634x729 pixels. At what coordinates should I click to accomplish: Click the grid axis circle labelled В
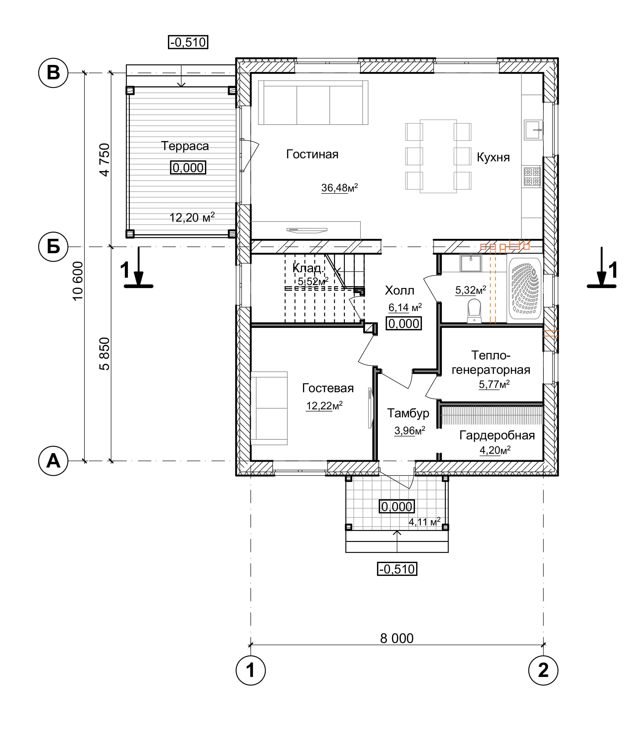pos(53,73)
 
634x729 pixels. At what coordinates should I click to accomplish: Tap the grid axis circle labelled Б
pos(53,247)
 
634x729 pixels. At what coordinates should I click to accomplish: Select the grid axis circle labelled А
pos(53,461)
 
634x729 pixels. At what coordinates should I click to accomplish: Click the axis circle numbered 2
pos(543,670)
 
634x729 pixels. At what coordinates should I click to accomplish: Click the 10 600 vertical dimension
pos(77,281)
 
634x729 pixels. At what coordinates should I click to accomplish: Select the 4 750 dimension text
pos(105,160)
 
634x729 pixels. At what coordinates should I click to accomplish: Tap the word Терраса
pos(185,146)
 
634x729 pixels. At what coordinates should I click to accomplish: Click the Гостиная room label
pos(312,154)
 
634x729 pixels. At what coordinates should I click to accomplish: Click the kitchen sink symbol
pos(533,130)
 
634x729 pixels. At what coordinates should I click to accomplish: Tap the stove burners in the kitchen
pos(532,177)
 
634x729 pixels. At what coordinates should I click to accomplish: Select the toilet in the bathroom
pos(474,311)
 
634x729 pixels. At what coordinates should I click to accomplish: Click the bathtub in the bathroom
pos(525,288)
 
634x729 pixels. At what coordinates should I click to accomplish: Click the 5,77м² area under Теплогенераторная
pos(494,384)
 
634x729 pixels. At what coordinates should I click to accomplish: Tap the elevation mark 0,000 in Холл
pos(404,323)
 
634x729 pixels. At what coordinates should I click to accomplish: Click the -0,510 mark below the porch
pos(397,569)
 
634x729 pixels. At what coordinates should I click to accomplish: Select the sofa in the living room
pos(313,103)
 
